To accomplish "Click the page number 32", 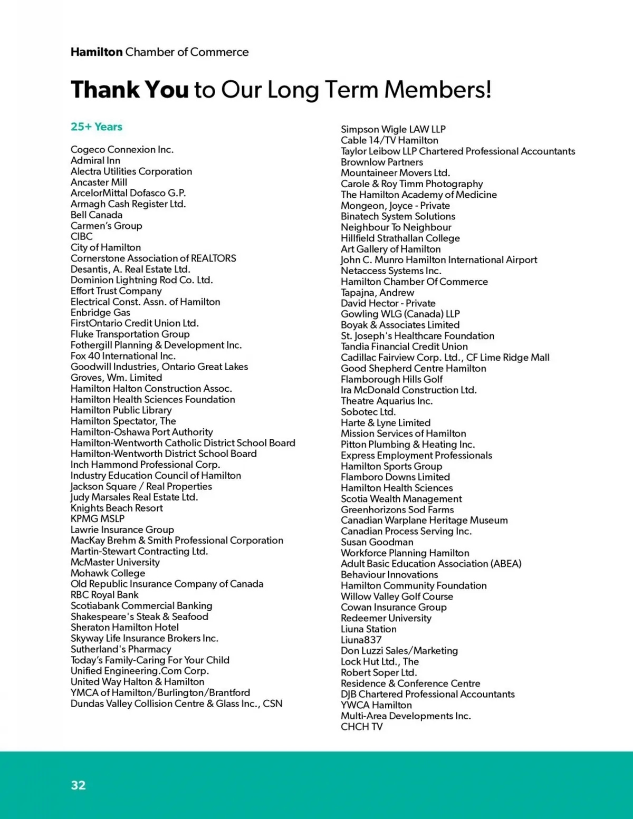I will pyautogui.click(x=78, y=785).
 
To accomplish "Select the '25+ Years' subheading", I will pyautogui.click(x=97, y=127).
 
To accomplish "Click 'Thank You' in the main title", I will pyautogui.click(x=129, y=90).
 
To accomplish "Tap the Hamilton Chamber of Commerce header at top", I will pyautogui.click(x=159, y=52).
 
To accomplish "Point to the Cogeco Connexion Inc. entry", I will pyautogui.click(x=122, y=149).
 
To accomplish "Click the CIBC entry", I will pyautogui.click(x=82, y=236).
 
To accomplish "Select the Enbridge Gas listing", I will pyautogui.click(x=100, y=312).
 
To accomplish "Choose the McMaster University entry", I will pyautogui.click(x=115, y=562).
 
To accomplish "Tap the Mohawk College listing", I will pyautogui.click(x=108, y=573).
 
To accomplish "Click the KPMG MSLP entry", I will pyautogui.click(x=98, y=518).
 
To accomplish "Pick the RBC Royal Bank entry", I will pyautogui.click(x=104, y=595).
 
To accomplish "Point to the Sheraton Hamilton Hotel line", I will pyautogui.click(x=124, y=627).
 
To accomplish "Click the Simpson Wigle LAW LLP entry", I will pyautogui.click(x=393, y=129).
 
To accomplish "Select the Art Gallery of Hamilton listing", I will pyautogui.click(x=390, y=249).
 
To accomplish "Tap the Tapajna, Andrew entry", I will pyautogui.click(x=377, y=292).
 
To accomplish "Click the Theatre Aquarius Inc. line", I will pyautogui.click(x=387, y=401).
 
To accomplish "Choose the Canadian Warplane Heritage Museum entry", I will pyautogui.click(x=424, y=520).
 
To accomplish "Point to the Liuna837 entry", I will pyautogui.click(x=361, y=640).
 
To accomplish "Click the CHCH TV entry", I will pyautogui.click(x=362, y=726).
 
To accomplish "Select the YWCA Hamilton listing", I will pyautogui.click(x=376, y=705).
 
